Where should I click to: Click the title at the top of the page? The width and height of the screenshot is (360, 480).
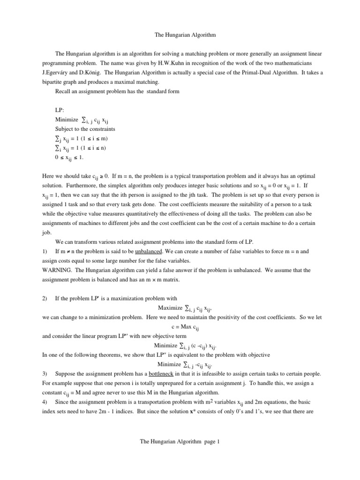tap(180, 35)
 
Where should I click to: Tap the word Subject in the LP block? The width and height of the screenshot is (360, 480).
tap(65, 129)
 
